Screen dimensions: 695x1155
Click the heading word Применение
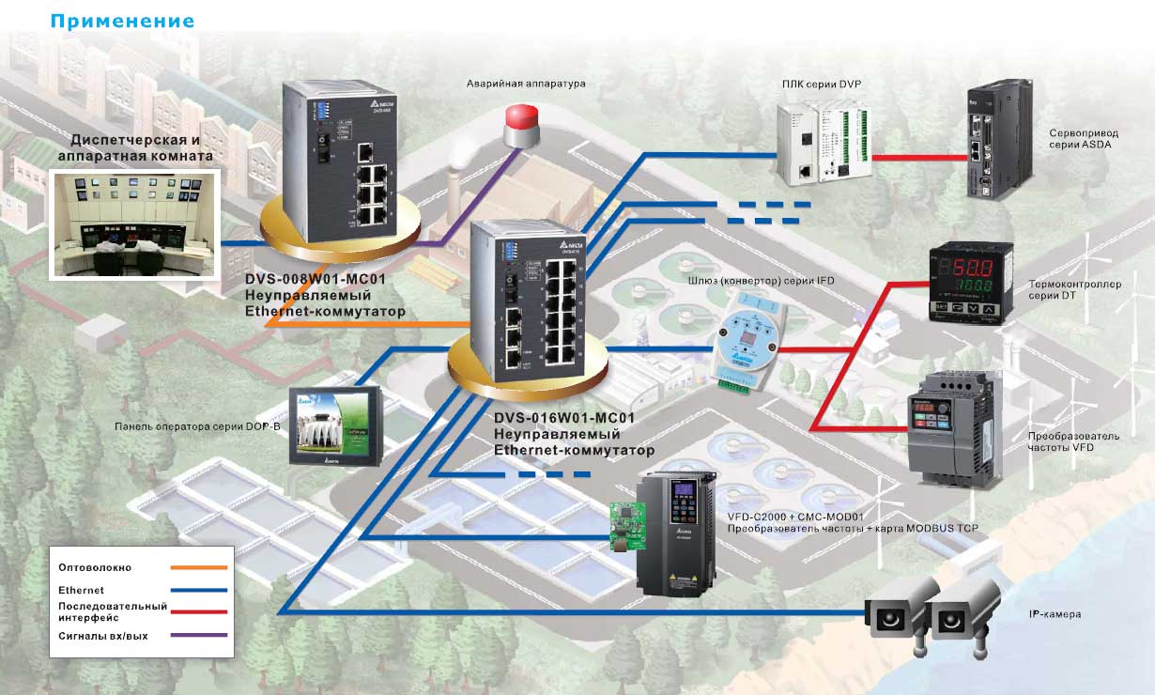(x=123, y=21)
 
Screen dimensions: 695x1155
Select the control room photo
(x=133, y=224)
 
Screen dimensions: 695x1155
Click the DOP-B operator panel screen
(x=336, y=425)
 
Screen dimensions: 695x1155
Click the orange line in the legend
(x=199, y=567)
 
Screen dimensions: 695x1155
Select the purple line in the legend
(x=199, y=636)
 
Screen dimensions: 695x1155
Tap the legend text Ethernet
(x=81, y=590)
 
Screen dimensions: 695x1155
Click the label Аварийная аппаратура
(x=526, y=84)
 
